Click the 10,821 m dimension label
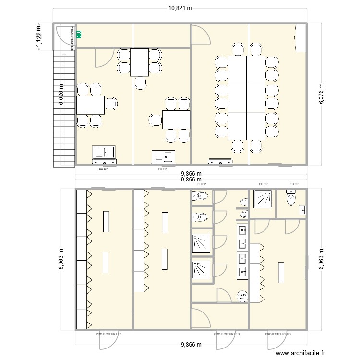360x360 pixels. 180,8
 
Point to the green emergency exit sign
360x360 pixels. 79,34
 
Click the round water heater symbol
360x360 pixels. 242,297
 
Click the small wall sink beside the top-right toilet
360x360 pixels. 302,209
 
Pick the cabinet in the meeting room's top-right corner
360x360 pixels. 300,37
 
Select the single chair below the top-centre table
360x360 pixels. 141,83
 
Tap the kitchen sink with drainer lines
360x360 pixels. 164,156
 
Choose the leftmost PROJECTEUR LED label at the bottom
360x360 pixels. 109,334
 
